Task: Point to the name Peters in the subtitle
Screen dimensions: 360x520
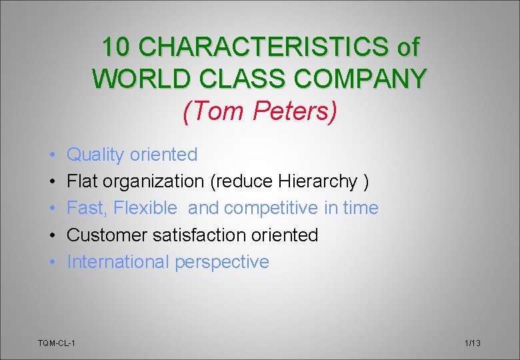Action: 295,111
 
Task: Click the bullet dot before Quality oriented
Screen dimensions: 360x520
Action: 52,155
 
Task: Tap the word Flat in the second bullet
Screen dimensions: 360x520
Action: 83,181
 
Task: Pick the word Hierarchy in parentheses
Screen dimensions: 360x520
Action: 318,181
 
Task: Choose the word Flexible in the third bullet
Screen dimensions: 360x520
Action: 145,208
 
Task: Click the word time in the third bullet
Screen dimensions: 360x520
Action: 361,208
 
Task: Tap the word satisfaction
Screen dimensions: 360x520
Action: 205,235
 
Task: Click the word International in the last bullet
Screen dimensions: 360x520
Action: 118,262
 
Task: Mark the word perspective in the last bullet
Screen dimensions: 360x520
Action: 222,262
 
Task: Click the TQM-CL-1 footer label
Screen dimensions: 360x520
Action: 56,343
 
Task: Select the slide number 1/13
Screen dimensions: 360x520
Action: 472,343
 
